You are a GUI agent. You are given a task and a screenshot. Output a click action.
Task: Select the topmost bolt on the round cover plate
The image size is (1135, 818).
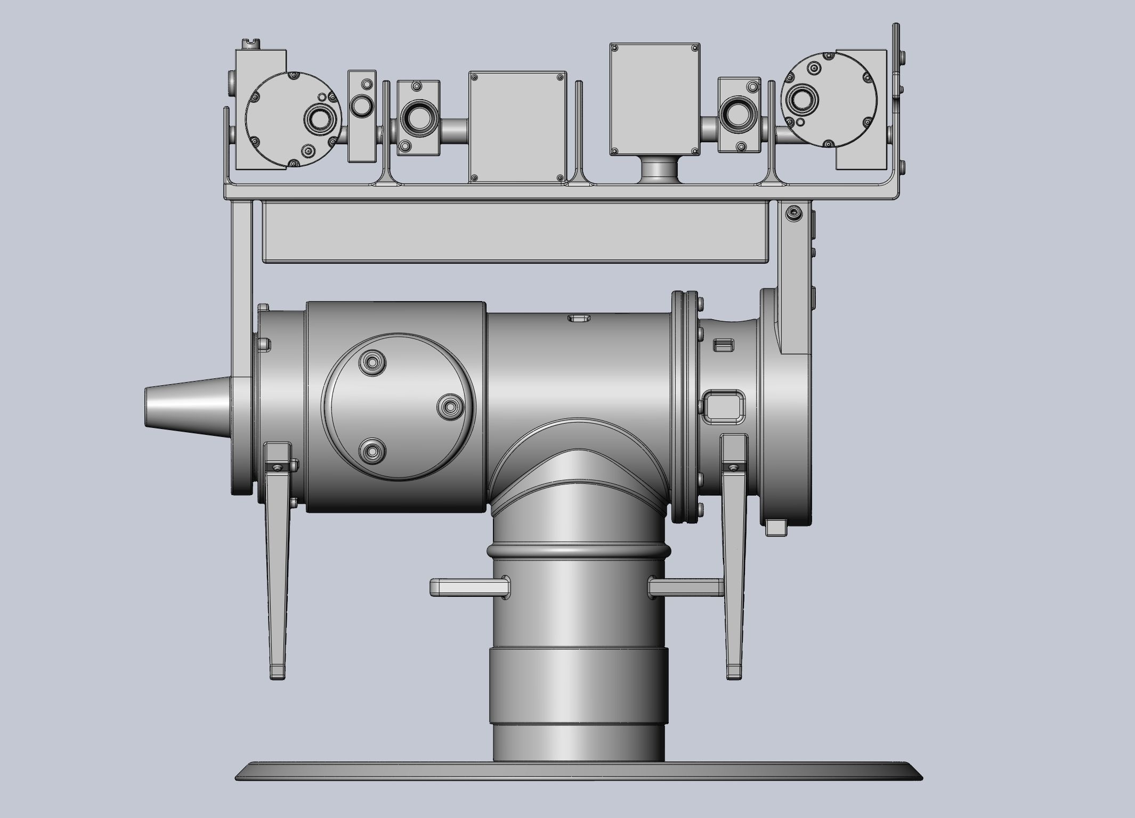[372, 363]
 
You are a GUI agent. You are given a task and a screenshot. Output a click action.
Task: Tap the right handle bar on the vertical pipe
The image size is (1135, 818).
[687, 587]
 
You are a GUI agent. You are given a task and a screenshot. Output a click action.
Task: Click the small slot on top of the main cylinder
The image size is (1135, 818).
[580, 319]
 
